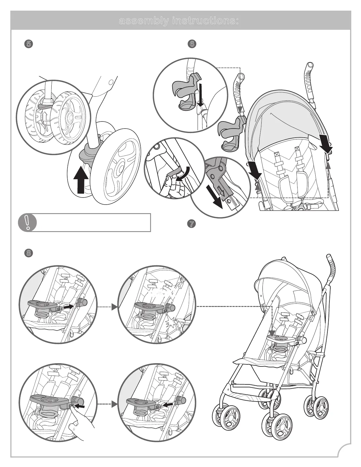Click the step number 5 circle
[28, 44]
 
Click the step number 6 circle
[192, 44]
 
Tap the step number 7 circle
[192, 224]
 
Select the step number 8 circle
[28, 253]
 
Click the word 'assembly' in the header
[144, 21]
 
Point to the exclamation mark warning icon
[27, 222]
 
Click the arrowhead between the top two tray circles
[114, 307]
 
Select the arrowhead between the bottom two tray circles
[114, 405]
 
